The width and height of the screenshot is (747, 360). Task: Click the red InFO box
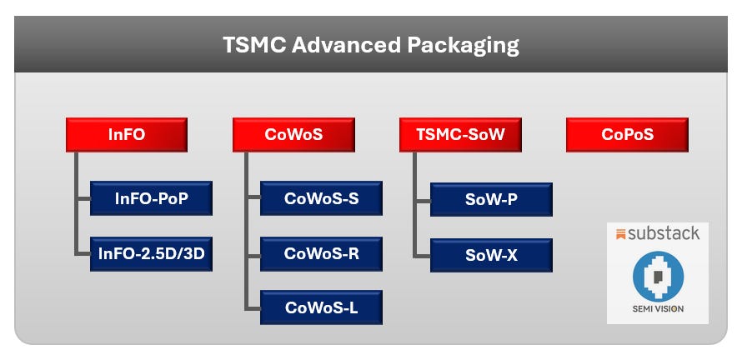pos(127,135)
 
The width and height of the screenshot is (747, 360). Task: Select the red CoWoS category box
pos(293,135)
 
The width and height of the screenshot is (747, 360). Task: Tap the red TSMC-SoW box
pos(460,135)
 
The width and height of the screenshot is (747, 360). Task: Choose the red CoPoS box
pos(627,135)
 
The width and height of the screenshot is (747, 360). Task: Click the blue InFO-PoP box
pos(151,198)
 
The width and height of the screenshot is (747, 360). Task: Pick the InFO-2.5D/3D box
pos(151,254)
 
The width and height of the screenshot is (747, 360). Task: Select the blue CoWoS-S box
pos(321,198)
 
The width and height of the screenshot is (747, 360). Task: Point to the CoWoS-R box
pos(321,254)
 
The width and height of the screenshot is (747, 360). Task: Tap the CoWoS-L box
pos(321,307)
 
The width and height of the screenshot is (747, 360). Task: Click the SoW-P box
pos(491,199)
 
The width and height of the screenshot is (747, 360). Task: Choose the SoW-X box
pos(491,255)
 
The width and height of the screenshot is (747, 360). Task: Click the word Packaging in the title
pos(463,46)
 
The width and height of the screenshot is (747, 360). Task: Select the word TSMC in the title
pos(254,45)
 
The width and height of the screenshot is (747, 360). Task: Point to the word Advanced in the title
pos(346,45)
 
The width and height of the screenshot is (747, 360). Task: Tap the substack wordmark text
pos(664,233)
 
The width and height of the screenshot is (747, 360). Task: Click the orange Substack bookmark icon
pos(620,234)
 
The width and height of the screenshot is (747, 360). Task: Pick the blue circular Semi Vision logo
pos(658,277)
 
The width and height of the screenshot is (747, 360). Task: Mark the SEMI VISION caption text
pos(658,308)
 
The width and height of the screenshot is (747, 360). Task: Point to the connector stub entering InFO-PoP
pos(83,198)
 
